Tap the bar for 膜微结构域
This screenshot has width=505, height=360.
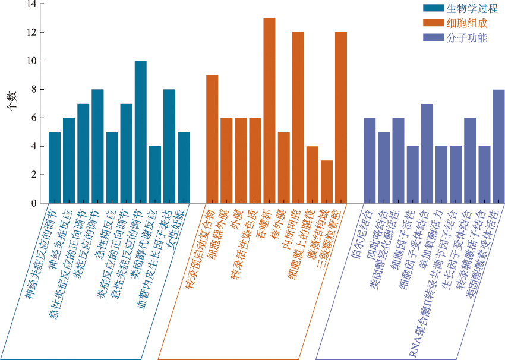coord(327,182)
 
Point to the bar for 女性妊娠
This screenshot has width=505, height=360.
coord(184,168)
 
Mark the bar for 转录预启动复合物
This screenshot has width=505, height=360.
coord(212,139)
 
